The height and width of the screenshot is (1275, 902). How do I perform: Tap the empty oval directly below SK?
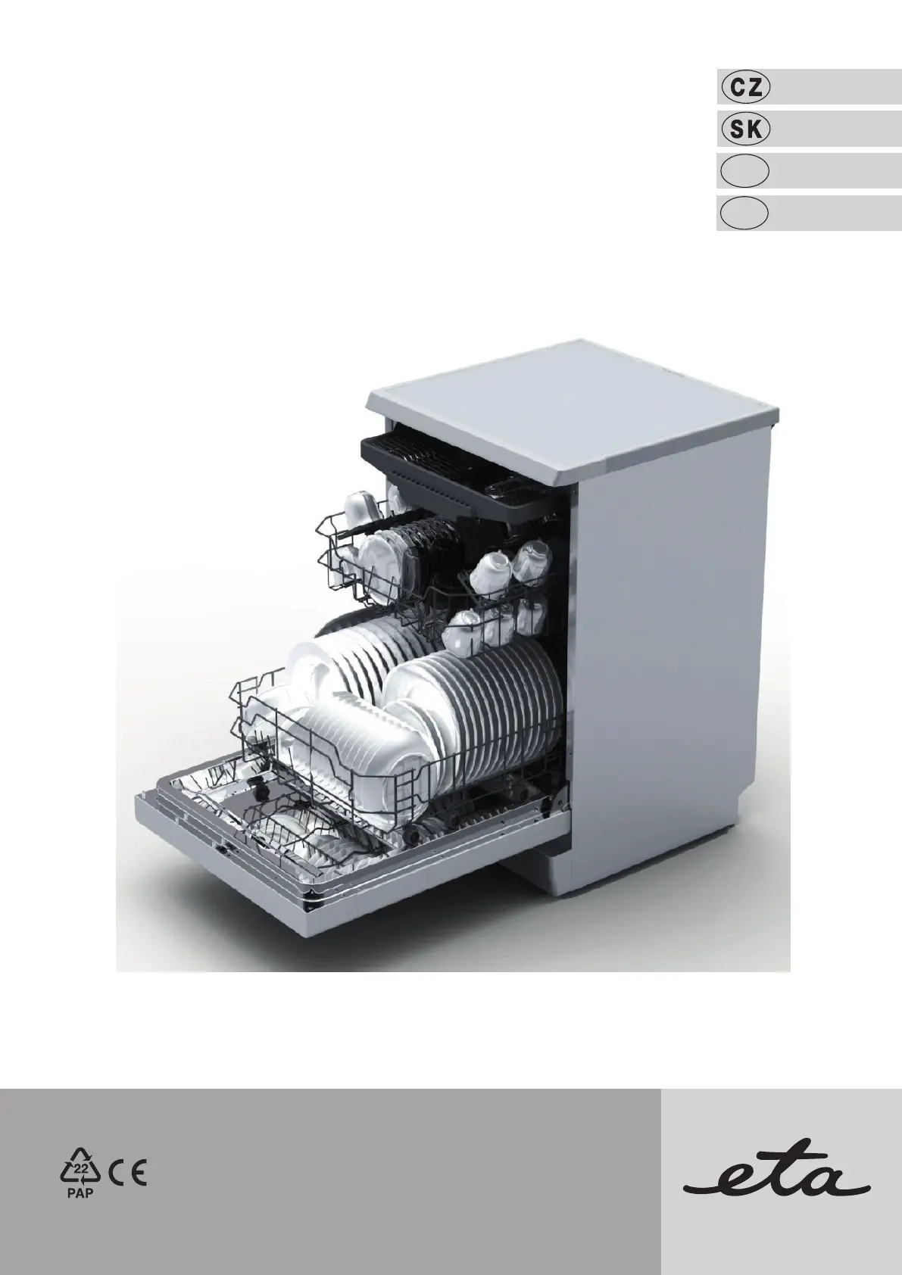click(744, 171)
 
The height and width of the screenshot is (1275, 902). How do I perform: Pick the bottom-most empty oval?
click(744, 214)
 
